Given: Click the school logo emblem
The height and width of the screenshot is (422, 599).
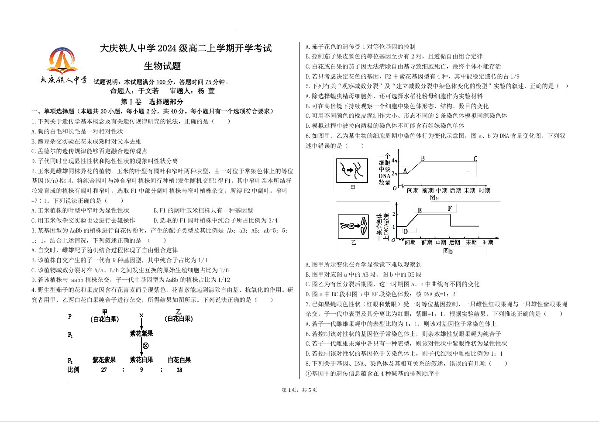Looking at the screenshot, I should click(x=63, y=61).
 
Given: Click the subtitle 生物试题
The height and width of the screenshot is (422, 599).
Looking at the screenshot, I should click(x=162, y=66).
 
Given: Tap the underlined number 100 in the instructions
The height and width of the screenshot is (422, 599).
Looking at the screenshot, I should click(x=161, y=82).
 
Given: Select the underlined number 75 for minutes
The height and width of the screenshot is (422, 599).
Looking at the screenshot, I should click(x=208, y=82).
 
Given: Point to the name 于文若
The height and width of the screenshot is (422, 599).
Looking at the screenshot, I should click(x=148, y=91).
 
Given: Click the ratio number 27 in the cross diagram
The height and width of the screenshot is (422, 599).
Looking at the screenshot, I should click(x=104, y=370).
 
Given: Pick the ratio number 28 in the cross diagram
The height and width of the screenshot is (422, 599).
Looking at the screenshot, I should click(x=179, y=370).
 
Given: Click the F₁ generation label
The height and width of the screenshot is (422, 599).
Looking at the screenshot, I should click(x=70, y=335).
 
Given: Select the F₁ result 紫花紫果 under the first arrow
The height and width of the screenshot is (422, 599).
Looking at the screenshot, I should click(x=141, y=334).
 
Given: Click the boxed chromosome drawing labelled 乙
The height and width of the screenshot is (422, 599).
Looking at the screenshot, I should click(x=353, y=226).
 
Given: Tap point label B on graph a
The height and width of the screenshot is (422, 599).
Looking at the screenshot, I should click(x=423, y=158).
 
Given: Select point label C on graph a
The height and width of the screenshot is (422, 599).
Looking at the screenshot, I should click(x=475, y=159).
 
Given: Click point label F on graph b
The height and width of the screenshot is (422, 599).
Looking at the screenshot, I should click(x=450, y=209).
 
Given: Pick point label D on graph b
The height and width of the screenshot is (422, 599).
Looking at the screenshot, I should click(x=406, y=231).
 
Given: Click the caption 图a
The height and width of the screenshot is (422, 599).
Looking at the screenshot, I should click(x=434, y=198).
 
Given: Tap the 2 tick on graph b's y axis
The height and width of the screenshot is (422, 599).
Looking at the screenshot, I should click(x=393, y=214).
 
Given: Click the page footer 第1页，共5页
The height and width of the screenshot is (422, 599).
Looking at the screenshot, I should click(x=299, y=390).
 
